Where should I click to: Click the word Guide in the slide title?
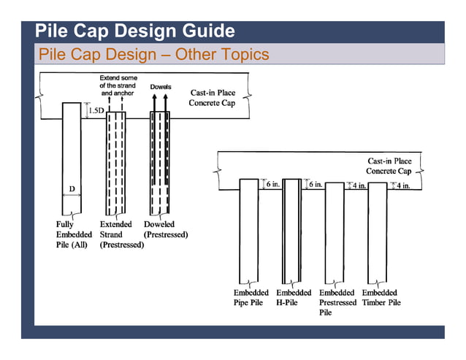point(200,31)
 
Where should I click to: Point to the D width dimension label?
point(72,189)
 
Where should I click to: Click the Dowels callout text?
point(161,87)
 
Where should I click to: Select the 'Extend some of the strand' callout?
point(118,86)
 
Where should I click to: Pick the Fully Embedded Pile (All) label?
point(74,234)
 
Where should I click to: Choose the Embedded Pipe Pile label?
point(248,297)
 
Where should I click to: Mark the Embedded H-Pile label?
point(293,297)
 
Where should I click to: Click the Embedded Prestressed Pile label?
point(337,302)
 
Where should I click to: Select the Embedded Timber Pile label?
point(381,297)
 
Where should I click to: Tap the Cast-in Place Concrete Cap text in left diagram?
point(213,98)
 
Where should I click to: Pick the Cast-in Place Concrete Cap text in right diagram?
point(389,166)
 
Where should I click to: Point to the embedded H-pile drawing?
point(292,230)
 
